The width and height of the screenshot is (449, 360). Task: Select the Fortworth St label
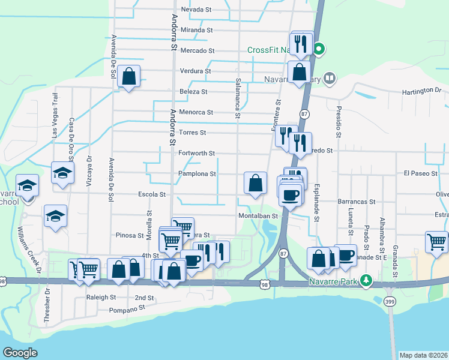click(197, 153)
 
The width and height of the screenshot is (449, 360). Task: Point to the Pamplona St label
click(197, 174)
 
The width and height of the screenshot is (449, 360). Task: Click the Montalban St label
click(259, 215)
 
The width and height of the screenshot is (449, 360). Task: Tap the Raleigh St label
click(101, 297)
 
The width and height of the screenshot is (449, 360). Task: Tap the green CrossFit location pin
click(320, 49)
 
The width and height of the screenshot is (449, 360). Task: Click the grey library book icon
click(329, 78)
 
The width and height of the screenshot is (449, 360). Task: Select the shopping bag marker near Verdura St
click(129, 76)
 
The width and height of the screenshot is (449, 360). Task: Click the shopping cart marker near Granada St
click(436, 242)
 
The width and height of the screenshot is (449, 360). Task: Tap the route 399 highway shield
click(391, 302)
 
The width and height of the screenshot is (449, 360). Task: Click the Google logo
click(20, 352)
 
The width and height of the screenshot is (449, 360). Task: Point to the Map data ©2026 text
click(423, 355)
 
